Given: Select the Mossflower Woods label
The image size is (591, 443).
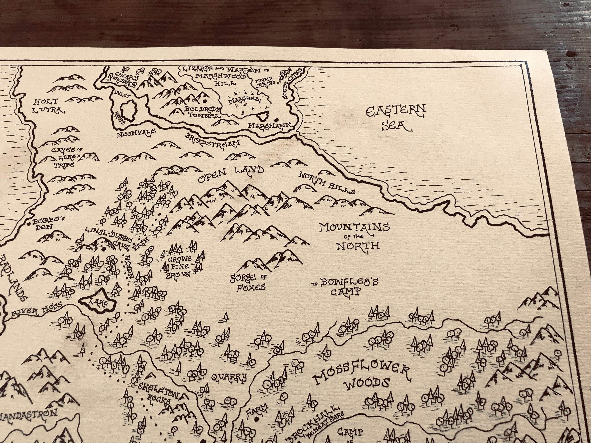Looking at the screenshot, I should [362, 377].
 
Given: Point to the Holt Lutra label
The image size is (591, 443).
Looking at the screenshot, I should [47, 106].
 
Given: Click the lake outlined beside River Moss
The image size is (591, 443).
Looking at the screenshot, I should [98, 302].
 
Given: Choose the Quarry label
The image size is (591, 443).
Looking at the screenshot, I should [229, 377].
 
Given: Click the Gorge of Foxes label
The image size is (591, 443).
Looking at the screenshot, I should [248, 283].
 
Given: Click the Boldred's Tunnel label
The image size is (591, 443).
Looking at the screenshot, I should [203, 112].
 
